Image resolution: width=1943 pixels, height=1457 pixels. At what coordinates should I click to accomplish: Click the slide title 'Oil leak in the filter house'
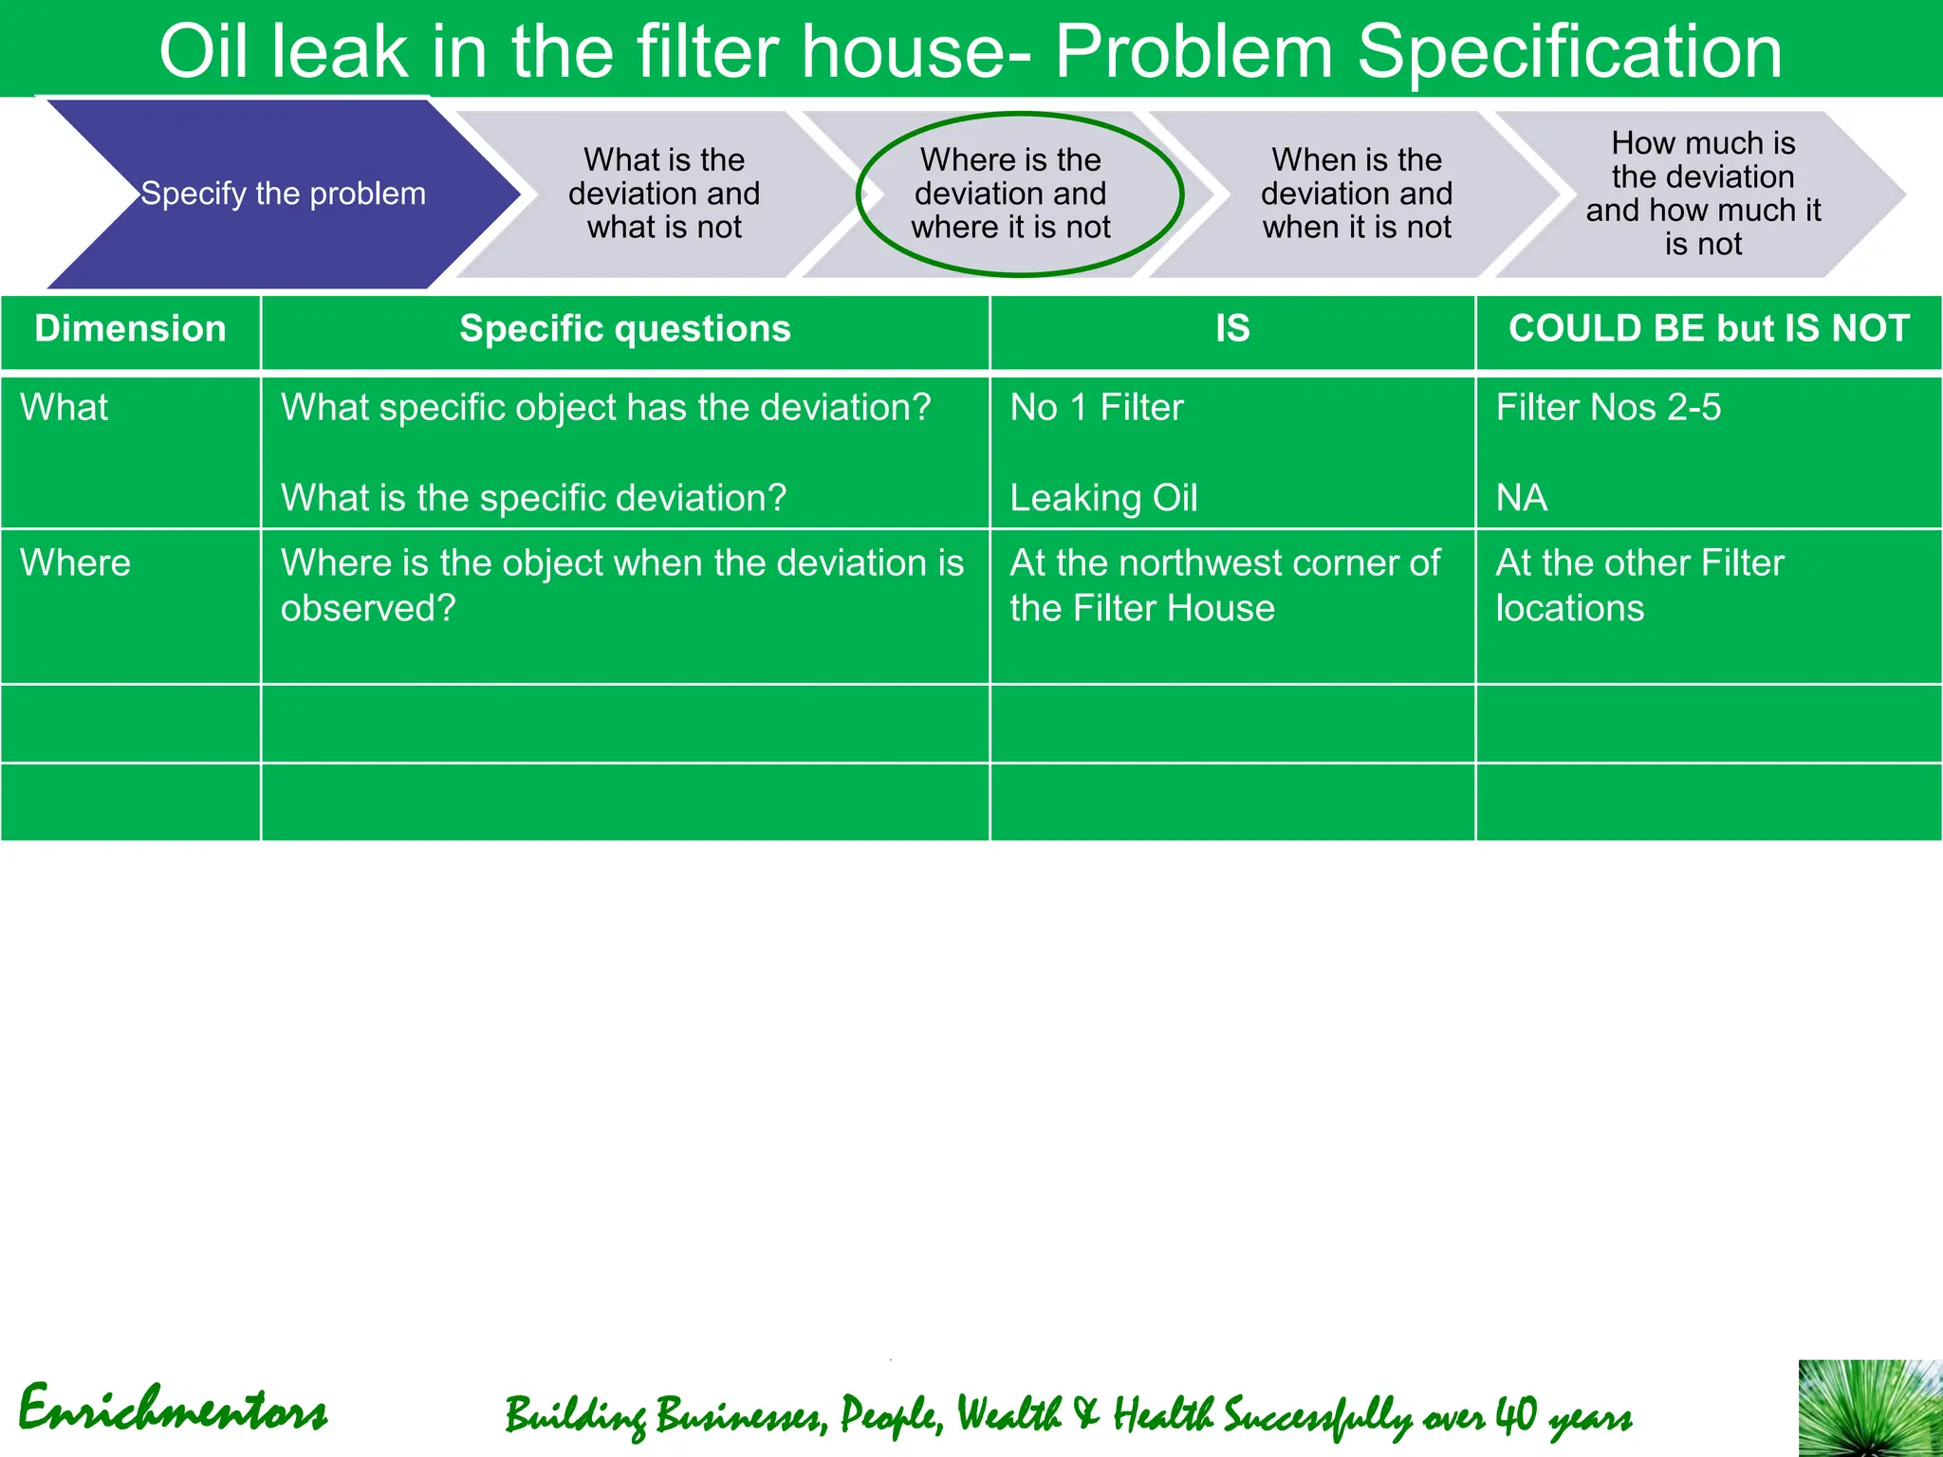point(970,51)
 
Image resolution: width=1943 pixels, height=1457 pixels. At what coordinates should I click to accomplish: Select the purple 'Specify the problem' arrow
point(283,194)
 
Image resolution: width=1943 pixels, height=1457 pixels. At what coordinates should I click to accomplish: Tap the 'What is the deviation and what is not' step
point(664,194)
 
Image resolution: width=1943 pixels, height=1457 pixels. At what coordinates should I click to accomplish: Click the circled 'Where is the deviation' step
point(1010,194)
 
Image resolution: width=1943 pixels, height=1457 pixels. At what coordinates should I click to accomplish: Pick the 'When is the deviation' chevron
point(1357,194)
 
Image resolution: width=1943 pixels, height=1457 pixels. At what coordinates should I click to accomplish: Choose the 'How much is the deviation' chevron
point(1703,194)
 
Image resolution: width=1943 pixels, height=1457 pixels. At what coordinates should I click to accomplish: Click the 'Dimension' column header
point(130,329)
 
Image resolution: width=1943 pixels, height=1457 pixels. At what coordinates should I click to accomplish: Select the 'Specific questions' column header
point(624,329)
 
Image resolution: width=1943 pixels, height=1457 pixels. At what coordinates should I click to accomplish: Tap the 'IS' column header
point(1232,329)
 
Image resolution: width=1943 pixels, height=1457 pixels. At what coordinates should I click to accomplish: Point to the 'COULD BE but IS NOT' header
point(1709,329)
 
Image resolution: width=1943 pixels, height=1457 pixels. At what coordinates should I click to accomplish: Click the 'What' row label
point(64,408)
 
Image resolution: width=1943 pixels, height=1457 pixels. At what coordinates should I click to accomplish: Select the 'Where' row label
point(75,563)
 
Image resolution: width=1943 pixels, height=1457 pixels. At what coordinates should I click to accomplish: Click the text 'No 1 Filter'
point(1097,408)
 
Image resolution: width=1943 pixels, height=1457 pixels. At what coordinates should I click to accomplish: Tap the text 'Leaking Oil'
point(1103,498)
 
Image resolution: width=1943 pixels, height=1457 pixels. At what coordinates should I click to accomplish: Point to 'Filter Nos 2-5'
point(1608,408)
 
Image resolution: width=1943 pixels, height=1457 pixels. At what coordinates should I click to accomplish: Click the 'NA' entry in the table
point(1522,498)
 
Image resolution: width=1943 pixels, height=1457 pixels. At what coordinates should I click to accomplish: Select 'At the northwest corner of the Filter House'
point(1224,585)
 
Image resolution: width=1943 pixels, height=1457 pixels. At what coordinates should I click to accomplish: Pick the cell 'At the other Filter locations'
point(1639,585)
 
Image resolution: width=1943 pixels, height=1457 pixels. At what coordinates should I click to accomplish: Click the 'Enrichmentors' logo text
point(173,1410)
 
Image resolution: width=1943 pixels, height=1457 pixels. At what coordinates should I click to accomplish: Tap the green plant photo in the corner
point(1870,1408)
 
